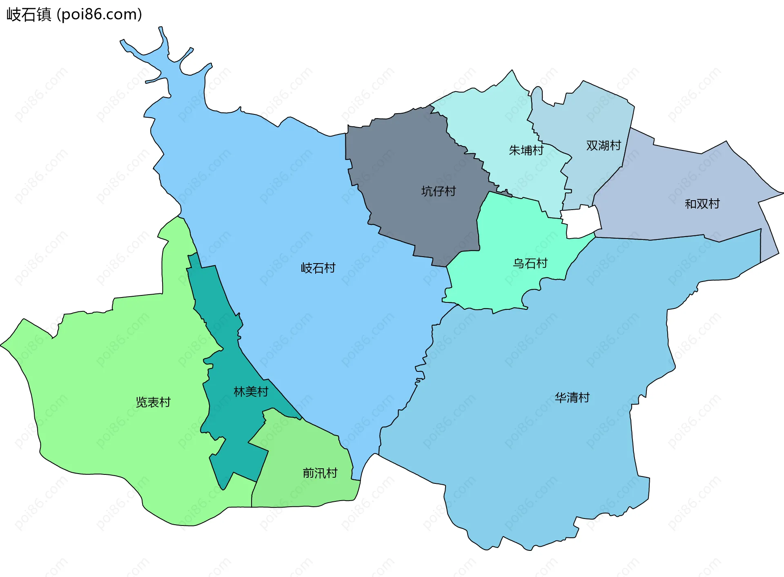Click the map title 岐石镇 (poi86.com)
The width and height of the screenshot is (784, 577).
pos(74,14)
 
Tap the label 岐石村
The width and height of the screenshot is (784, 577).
pos(318,268)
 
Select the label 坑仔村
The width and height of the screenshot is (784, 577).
pos(438,191)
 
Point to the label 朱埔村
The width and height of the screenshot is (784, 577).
pos(526,150)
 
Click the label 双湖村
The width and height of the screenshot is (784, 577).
pos(604,145)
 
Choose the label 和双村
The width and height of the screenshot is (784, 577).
pos(702,204)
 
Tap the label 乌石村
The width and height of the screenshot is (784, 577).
pos(530,263)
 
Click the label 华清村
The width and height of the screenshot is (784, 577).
pos(572,398)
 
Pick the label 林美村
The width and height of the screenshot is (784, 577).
pos(251,391)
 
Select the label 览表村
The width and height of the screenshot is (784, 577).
pos(153,402)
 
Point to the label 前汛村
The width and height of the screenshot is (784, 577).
pos(320,473)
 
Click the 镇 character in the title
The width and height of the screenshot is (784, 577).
pos(43,14)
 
